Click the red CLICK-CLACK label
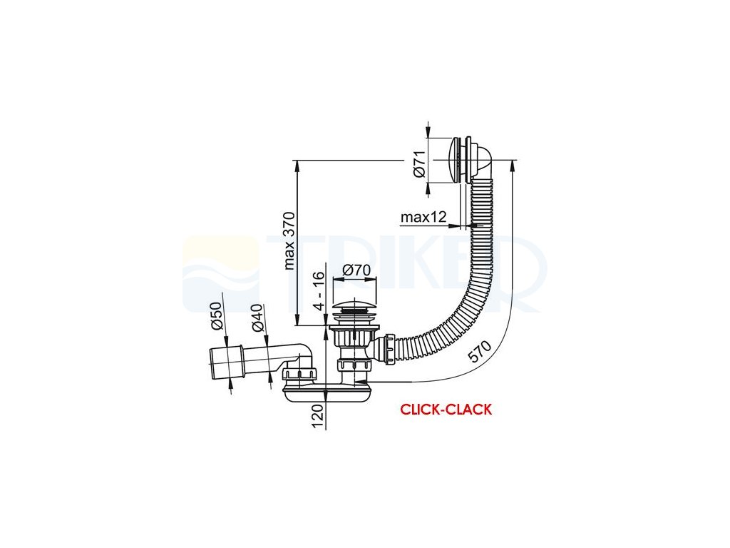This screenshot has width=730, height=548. point(446,410)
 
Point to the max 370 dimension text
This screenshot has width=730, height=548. point(289,240)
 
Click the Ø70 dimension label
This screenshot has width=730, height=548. point(354,270)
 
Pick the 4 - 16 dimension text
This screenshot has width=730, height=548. point(319,288)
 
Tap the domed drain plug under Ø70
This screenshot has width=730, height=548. point(353,309)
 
